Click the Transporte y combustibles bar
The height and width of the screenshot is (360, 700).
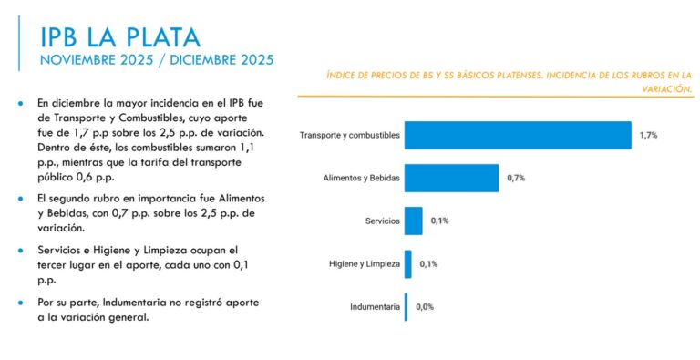[x=518, y=135]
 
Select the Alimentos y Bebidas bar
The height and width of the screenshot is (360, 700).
[x=451, y=178]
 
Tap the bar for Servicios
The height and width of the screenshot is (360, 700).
[x=413, y=221]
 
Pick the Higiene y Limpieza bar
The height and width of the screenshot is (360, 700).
[x=408, y=264]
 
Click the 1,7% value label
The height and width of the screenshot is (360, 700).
[x=648, y=135]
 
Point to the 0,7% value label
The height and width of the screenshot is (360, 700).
[x=515, y=178]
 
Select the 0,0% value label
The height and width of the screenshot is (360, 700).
[x=425, y=307]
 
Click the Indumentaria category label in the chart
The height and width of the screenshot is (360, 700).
[x=375, y=307]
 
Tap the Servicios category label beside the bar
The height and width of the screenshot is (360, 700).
[x=382, y=221]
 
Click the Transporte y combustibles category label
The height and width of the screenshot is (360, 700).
[x=349, y=135]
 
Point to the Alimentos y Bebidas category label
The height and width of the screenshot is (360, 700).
[x=362, y=178]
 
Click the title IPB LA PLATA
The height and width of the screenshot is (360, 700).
[x=119, y=36]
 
